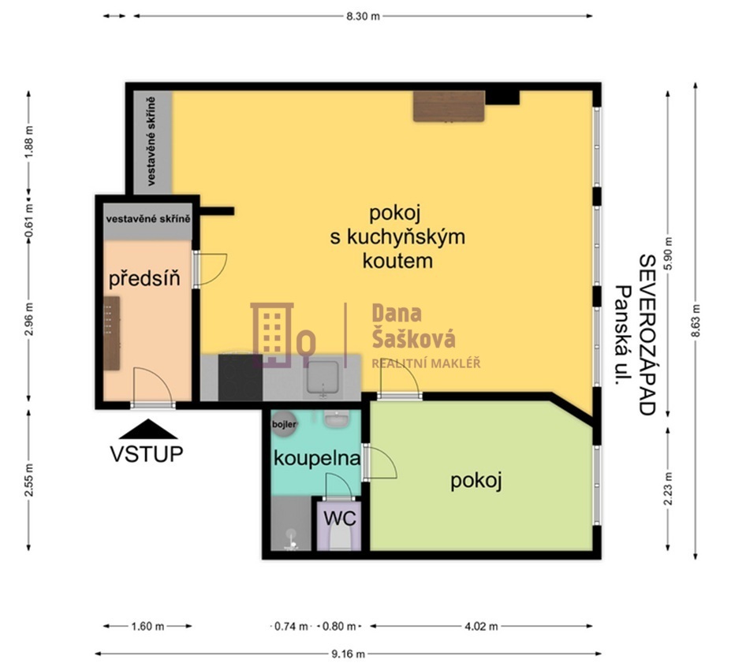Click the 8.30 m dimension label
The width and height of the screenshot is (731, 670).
click(x=363, y=17)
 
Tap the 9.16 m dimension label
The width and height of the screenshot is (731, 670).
click(x=348, y=654)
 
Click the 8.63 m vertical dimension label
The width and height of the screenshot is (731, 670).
click(x=696, y=321)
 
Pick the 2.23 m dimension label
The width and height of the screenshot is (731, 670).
click(x=669, y=488)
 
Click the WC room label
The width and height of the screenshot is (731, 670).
click(x=340, y=518)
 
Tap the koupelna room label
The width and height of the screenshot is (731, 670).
click(x=317, y=459)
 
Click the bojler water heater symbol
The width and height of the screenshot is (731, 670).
click(x=284, y=424)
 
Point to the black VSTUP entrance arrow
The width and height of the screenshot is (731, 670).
click(x=148, y=429)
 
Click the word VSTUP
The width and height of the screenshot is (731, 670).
click(x=147, y=454)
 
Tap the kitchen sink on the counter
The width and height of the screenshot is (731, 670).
click(x=323, y=378)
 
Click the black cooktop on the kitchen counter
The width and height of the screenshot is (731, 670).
click(x=240, y=378)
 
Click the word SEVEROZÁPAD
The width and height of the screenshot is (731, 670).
click(x=647, y=334)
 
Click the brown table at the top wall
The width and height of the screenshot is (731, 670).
click(x=449, y=106)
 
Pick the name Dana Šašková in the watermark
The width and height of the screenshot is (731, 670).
click(x=413, y=326)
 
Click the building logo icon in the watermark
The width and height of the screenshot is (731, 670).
click(x=283, y=334)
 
